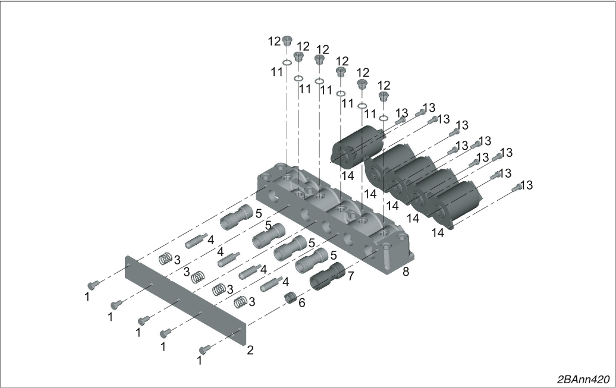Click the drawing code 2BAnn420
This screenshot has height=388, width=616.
click(x=583, y=380)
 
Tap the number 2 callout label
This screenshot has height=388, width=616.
click(x=250, y=350)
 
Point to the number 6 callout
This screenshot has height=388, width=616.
click(x=301, y=303)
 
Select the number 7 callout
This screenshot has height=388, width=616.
click(x=350, y=276)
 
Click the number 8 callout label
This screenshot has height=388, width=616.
click(x=406, y=271)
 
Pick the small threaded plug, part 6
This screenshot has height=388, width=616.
click(x=290, y=298)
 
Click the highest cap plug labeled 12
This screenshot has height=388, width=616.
click(x=287, y=40)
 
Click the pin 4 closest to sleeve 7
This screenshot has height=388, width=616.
click(x=271, y=283)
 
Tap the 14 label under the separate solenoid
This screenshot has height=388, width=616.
click(x=347, y=175)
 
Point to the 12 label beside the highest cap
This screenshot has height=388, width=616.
click(x=275, y=41)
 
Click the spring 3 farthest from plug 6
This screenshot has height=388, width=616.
click(x=165, y=259)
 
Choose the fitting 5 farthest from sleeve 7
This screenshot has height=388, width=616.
click(x=237, y=217)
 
